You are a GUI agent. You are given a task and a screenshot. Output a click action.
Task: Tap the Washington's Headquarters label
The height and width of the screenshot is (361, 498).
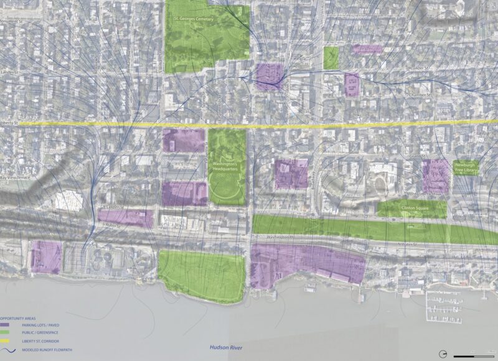coord(227,164)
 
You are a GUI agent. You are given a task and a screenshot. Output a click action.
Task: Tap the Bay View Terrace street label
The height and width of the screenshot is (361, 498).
coord(14,178)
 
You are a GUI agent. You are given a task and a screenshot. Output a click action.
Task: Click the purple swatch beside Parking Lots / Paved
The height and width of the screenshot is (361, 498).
coord(6,324)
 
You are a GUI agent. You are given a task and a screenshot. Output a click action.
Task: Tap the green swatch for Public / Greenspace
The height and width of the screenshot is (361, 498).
coord(6,332)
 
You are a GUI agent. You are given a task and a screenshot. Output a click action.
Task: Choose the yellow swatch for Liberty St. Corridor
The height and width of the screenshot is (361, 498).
coord(6,340)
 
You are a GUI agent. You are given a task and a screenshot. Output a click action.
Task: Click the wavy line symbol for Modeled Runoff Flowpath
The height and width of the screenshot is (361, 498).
coord(6,349)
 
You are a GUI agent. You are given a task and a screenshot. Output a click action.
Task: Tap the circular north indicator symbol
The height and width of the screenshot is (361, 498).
coord(443,354)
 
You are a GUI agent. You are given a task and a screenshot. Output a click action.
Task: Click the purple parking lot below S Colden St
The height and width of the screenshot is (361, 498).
coord(125,218)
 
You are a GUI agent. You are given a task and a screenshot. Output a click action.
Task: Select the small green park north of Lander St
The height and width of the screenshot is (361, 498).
coord(331,58)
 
